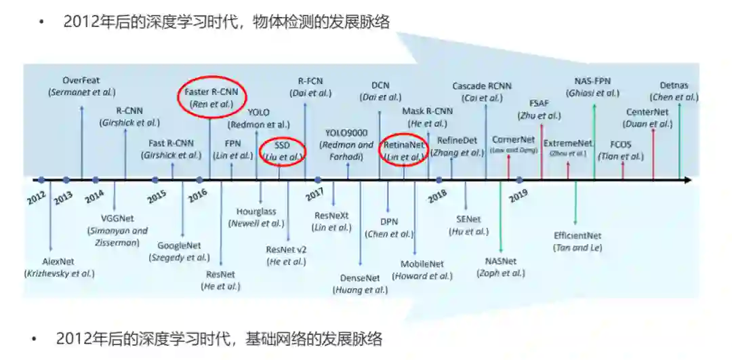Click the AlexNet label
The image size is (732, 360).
pyautogui.click(x=59, y=261)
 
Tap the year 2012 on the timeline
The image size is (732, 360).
pyautogui.click(x=36, y=199)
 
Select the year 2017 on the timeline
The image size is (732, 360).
pyautogui.click(x=314, y=195)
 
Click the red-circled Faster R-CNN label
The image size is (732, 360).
pyautogui.click(x=212, y=93)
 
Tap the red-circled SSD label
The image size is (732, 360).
pyautogui.click(x=282, y=145)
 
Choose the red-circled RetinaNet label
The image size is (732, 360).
pyautogui.click(x=403, y=145)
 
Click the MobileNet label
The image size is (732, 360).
pyautogui.click(x=422, y=264)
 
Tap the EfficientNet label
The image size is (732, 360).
pyautogui.click(x=577, y=236)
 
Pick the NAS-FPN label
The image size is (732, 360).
pyautogui.click(x=593, y=81)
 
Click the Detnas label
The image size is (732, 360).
pyautogui.click(x=674, y=85)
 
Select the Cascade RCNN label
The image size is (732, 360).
pyautogui.click(x=482, y=86)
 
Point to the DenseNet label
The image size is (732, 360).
pyautogui.click(x=360, y=278)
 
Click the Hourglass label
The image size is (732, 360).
pyautogui.click(x=256, y=212)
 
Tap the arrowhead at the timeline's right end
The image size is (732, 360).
pyautogui.click(x=687, y=180)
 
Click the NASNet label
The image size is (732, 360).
pyautogui.click(x=501, y=261)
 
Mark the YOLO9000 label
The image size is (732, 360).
pyautogui.click(x=346, y=133)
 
